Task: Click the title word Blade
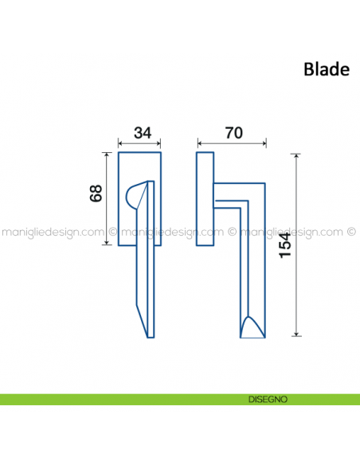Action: [326, 69]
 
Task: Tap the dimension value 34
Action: [142, 133]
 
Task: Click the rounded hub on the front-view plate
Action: [136, 195]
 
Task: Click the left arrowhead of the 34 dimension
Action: [120, 145]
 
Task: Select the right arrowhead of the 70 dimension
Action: [264, 145]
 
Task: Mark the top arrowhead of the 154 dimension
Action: [297, 154]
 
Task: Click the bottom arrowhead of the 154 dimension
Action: [297, 334]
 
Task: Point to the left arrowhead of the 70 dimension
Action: [199, 145]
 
